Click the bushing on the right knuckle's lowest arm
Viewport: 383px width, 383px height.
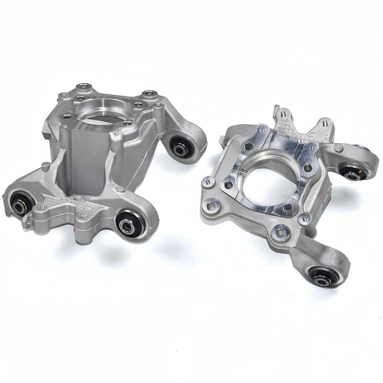[322, 276]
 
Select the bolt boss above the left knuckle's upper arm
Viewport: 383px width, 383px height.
[150, 95]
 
